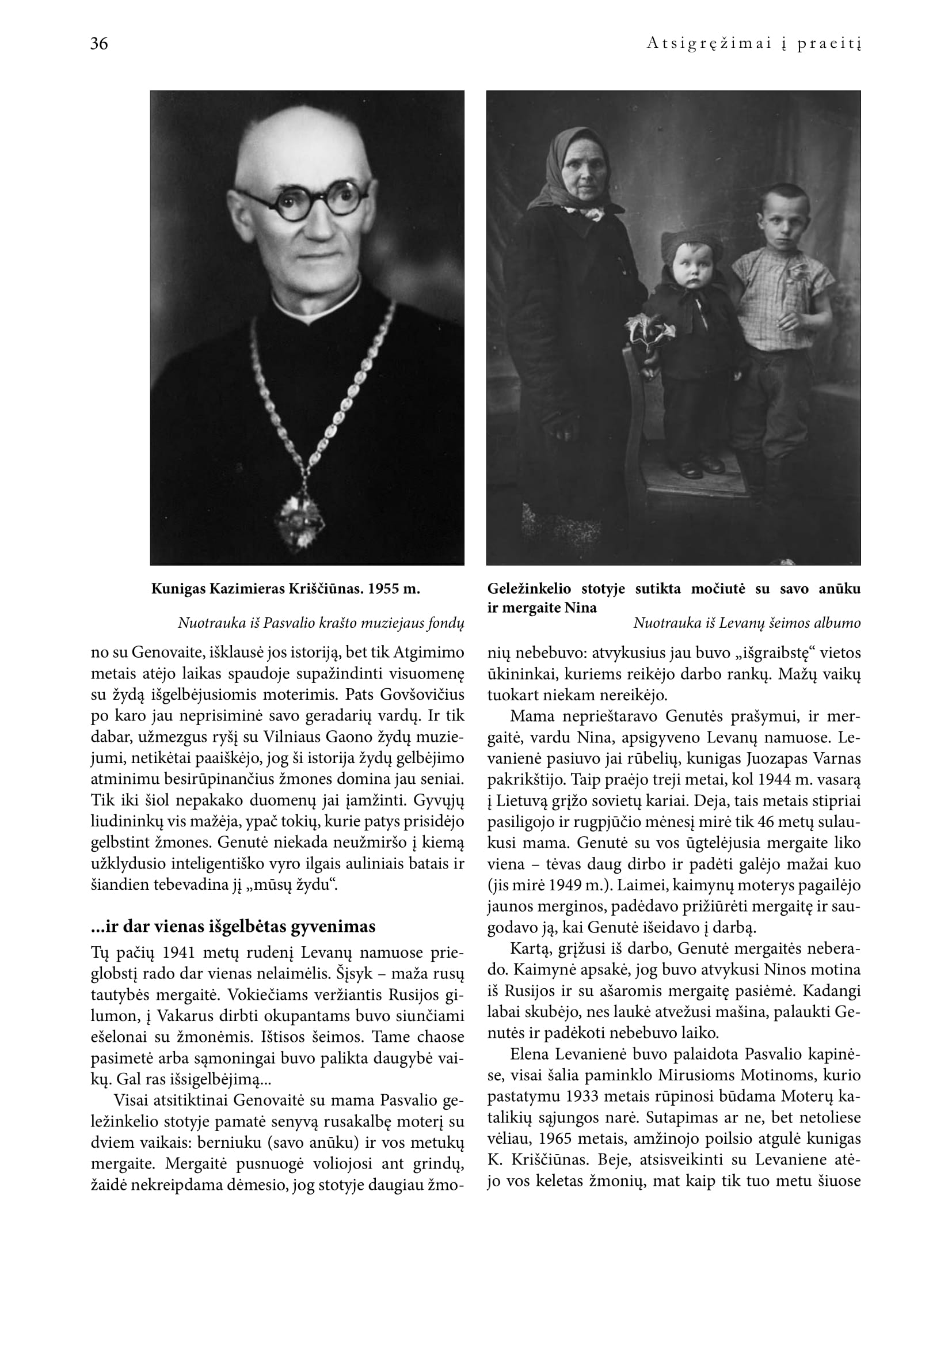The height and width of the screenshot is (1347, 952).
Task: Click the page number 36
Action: point(99,44)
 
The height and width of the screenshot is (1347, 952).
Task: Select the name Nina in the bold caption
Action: point(580,608)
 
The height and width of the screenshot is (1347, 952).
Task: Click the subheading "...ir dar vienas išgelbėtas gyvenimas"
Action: point(233,927)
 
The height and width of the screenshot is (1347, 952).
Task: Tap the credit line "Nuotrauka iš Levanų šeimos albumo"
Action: point(747,623)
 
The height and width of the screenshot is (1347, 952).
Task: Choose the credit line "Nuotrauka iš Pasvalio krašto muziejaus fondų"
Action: point(321,623)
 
